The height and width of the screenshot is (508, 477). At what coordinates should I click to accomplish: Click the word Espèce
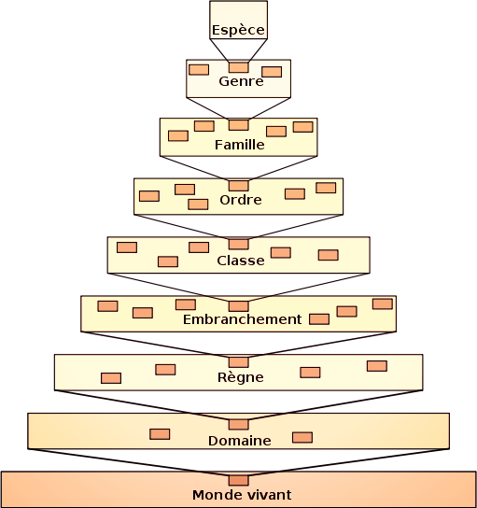point(238,30)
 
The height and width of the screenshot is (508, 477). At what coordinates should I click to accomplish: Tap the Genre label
point(241,81)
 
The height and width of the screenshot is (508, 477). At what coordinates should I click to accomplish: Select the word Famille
point(240,145)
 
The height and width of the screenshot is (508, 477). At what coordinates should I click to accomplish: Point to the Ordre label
point(241,200)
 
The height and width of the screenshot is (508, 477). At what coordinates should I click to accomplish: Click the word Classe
point(241,261)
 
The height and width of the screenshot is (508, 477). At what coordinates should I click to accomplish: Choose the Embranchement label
point(242,319)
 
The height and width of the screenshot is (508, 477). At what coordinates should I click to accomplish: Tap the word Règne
point(240,376)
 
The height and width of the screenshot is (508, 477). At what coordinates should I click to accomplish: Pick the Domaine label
point(240,441)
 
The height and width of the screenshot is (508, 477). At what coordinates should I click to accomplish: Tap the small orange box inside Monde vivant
point(239,480)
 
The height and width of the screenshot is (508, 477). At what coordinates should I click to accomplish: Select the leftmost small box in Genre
point(199,70)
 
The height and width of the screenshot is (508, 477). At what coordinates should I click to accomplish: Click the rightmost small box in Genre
point(272,72)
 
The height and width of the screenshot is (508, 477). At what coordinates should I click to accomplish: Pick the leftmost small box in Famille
point(178,135)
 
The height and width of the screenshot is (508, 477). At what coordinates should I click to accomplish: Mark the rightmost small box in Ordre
point(326,188)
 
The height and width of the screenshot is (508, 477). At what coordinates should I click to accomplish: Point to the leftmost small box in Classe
point(127,247)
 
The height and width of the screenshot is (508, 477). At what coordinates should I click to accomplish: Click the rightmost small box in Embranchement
point(383,303)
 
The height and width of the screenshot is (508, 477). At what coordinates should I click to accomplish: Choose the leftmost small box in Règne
point(111,378)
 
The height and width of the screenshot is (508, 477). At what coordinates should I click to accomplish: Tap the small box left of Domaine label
point(160,434)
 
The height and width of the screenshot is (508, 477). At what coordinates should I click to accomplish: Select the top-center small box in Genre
point(239,67)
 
